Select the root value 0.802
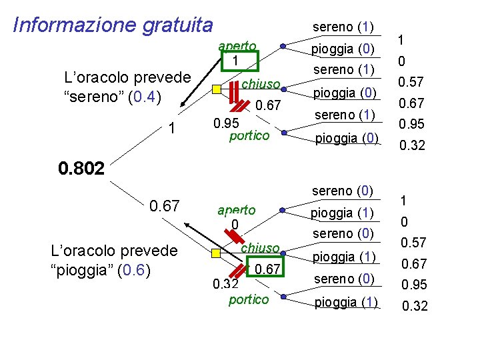click(81, 168)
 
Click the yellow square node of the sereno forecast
click(216, 89)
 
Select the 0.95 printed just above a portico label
click(226, 123)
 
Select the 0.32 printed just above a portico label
click(225, 285)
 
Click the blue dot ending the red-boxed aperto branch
click(283, 46)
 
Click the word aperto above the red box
click(237, 46)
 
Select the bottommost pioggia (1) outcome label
click(345, 301)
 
